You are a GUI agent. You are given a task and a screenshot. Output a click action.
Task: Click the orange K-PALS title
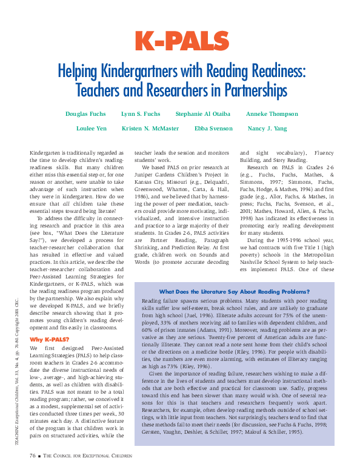[x=179, y=41]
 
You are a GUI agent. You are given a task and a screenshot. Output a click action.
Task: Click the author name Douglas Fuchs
[x=85, y=113]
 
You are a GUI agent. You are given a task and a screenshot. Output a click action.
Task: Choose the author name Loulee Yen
[x=91, y=129]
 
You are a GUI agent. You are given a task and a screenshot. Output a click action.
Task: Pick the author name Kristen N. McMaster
[x=150, y=129]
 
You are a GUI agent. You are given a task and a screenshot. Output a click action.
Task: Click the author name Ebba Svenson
[x=213, y=129]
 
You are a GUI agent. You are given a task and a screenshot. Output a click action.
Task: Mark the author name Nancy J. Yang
[x=267, y=129]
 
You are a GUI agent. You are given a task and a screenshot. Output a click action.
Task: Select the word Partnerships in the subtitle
[x=248, y=91]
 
